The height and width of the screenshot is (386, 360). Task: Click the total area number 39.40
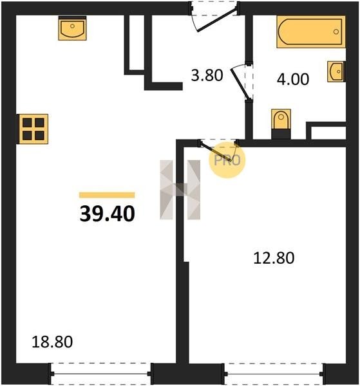click(x=107, y=214)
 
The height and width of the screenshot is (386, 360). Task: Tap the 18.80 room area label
click(x=52, y=342)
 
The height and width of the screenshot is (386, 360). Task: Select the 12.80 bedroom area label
click(x=274, y=258)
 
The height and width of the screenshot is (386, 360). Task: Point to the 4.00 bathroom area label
click(x=293, y=79)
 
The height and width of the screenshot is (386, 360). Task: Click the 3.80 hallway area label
click(x=207, y=75)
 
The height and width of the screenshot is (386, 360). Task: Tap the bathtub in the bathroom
click(x=311, y=32)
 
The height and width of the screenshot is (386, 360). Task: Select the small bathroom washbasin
click(x=336, y=71)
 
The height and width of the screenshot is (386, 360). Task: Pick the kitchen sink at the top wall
click(x=72, y=28)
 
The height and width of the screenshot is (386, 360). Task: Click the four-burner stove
click(x=33, y=129)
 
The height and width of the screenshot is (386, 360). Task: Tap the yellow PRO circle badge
click(x=227, y=160)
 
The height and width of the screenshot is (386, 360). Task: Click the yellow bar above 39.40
click(x=107, y=195)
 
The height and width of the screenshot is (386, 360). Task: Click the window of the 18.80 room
click(x=101, y=373)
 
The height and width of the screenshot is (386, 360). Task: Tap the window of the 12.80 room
click(x=274, y=373)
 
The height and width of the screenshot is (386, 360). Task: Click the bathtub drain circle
click(x=336, y=32)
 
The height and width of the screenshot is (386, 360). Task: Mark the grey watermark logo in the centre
click(x=180, y=190)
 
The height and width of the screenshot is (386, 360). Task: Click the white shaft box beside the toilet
click(x=328, y=133)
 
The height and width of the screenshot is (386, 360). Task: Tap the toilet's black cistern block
click(x=281, y=134)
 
